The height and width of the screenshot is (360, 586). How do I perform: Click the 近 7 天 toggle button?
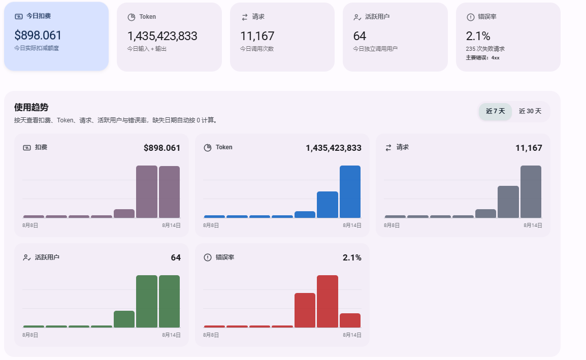(x=495, y=111)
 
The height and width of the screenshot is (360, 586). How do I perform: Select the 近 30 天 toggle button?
(x=530, y=111)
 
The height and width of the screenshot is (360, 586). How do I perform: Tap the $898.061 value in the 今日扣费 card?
(x=38, y=35)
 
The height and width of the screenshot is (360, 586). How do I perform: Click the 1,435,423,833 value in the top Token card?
(x=162, y=36)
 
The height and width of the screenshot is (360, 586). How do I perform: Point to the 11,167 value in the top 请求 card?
(x=257, y=36)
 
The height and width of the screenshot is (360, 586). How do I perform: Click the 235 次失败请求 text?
(x=485, y=49)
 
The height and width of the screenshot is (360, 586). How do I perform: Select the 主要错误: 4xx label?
(x=482, y=57)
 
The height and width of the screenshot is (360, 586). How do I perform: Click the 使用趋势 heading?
(x=31, y=107)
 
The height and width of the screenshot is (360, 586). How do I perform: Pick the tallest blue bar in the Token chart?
(x=350, y=192)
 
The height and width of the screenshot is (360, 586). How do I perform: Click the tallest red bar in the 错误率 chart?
(x=328, y=301)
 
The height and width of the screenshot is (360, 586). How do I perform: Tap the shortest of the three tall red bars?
(x=350, y=320)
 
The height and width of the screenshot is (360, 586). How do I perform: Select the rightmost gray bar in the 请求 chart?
(x=531, y=192)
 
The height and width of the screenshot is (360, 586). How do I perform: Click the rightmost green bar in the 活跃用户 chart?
(x=169, y=301)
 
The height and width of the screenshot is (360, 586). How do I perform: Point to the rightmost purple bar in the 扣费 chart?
(x=169, y=192)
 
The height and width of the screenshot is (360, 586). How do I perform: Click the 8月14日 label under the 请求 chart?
(x=533, y=225)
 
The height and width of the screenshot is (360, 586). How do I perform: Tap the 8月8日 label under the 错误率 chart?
(x=211, y=335)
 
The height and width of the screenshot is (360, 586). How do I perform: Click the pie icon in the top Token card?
(x=132, y=17)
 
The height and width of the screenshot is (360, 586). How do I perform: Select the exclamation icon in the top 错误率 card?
(x=471, y=17)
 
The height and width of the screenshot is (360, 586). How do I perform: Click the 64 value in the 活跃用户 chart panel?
(x=176, y=257)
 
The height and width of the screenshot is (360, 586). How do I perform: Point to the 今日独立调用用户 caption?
(x=375, y=49)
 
